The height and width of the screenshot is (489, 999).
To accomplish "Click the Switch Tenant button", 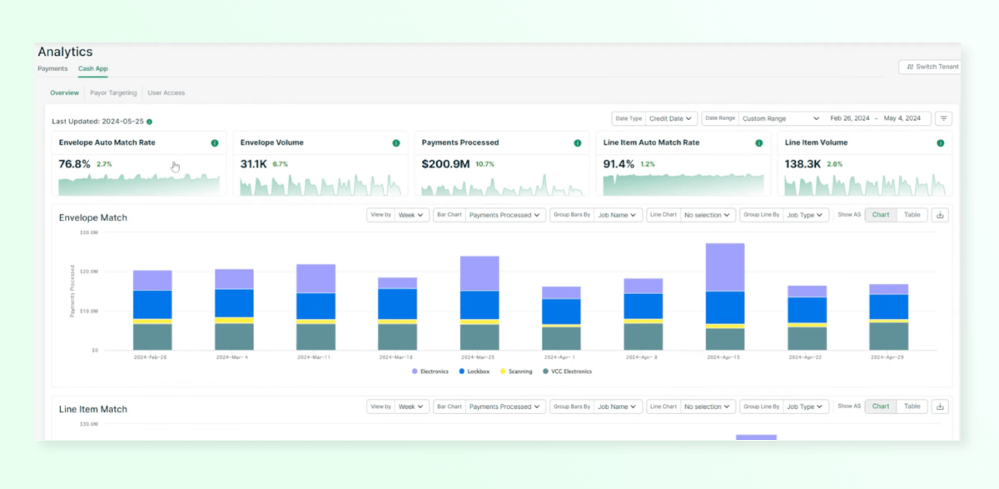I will (x=929, y=67).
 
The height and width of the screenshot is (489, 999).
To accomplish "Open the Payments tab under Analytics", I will (x=52, y=68).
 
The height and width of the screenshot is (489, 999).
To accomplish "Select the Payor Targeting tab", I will (x=114, y=92).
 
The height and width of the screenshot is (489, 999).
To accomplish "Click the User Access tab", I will (x=166, y=92).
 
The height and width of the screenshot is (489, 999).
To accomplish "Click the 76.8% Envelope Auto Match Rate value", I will (x=74, y=164).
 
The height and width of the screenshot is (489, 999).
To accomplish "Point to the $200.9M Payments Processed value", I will (x=445, y=164).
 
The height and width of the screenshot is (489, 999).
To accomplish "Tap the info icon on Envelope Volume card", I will (x=396, y=143).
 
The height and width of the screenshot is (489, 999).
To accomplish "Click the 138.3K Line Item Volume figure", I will (x=802, y=164).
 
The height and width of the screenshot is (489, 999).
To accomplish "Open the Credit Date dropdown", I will (x=671, y=118).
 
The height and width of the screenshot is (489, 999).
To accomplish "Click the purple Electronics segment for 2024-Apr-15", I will (x=724, y=267).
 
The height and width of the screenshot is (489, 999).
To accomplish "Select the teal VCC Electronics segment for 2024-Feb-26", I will (x=152, y=337).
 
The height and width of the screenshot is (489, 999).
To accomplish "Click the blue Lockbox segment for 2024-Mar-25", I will (x=480, y=305).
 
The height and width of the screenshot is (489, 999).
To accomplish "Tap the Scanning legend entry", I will (x=516, y=372).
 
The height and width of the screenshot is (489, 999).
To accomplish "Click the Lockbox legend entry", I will (x=475, y=372).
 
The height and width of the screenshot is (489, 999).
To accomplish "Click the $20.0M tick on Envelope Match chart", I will (x=88, y=272).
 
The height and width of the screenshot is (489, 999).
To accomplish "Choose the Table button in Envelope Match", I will (x=912, y=215).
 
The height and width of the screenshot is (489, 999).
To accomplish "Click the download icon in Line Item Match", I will (x=940, y=407).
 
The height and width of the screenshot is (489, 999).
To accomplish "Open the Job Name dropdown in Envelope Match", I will (x=619, y=215).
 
